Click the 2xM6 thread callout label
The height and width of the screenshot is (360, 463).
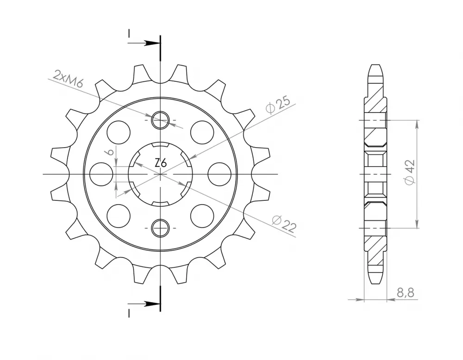(68, 79)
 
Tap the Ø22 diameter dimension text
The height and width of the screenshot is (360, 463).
(284, 223)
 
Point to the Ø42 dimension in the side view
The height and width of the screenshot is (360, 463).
(410, 173)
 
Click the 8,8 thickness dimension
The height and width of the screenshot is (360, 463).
(406, 292)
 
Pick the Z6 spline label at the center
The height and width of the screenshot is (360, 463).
(161, 162)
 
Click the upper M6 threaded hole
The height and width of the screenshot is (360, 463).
(160, 120)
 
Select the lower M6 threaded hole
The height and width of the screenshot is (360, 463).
(160, 228)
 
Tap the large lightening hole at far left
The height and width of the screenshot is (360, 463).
(101, 174)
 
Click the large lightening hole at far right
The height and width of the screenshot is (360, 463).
(219, 174)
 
